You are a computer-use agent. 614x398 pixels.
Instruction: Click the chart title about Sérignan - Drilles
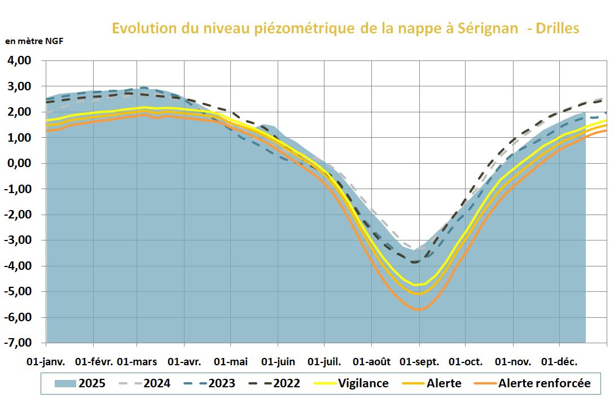click(345, 28)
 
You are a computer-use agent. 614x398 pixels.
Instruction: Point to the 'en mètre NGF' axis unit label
click(34, 41)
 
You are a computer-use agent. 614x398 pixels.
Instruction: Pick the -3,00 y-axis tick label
click(19, 240)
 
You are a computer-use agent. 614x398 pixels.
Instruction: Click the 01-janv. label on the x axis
click(46, 361)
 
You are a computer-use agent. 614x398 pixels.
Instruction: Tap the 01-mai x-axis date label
click(231, 361)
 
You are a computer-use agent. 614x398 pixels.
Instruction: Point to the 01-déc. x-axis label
click(559, 361)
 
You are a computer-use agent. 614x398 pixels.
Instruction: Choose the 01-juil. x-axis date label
click(324, 361)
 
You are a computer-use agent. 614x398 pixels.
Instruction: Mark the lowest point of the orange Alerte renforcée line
click(418, 309)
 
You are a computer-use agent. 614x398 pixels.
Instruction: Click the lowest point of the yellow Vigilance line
click(418, 285)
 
